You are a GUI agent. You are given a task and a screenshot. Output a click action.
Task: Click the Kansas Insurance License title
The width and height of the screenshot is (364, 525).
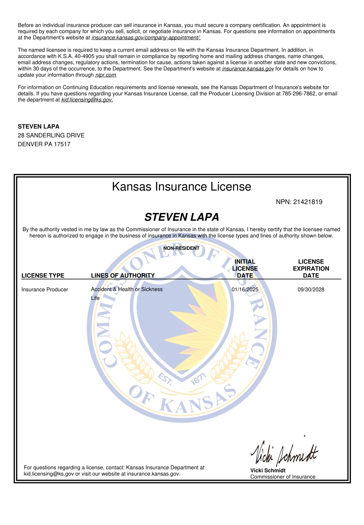pyautogui.click(x=181, y=187)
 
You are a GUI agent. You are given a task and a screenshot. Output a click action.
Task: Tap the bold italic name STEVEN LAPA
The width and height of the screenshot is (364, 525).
pyautogui.click(x=181, y=217)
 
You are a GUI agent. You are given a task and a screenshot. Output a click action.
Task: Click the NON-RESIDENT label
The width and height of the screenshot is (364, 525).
pyautogui.click(x=181, y=248)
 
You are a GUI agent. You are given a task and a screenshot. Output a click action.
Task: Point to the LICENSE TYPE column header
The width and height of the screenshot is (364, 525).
pyautogui.click(x=43, y=276)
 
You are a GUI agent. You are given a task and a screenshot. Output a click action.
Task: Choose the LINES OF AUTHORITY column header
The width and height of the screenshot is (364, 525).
pyautogui.click(x=123, y=276)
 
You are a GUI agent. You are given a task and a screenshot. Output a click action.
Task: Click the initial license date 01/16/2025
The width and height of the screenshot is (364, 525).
pyautogui.click(x=245, y=290)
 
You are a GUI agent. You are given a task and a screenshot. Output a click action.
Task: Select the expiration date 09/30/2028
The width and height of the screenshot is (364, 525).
pyautogui.click(x=311, y=290)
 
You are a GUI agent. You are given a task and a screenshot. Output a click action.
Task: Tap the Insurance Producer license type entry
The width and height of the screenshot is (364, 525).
pyautogui.click(x=45, y=290)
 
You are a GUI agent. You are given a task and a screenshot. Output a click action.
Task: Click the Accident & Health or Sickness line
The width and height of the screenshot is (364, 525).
pyautogui.click(x=127, y=289)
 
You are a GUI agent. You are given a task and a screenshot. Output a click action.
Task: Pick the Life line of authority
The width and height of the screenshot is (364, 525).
pyautogui.click(x=95, y=298)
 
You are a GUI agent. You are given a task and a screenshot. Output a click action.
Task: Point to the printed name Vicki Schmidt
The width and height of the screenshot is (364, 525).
pyautogui.click(x=268, y=470)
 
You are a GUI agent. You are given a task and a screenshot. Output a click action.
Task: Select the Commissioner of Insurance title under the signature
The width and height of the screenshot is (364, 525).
pyautogui.click(x=283, y=477)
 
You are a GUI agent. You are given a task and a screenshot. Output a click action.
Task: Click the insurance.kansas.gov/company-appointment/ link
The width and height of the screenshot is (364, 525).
pyautogui.click(x=146, y=38)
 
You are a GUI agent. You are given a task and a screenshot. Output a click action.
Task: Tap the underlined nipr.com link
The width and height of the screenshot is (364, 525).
pyautogui.click(x=106, y=75)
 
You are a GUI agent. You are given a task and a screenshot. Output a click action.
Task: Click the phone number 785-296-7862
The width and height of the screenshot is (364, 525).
pyautogui.click(x=299, y=94)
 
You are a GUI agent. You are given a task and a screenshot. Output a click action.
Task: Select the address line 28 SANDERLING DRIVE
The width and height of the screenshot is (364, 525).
pyautogui.click(x=51, y=135)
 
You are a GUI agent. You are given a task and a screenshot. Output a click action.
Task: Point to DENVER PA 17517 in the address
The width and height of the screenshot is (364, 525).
pyautogui.click(x=44, y=144)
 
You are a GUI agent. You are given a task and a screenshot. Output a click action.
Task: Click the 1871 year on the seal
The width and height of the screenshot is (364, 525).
pyautogui.click(x=198, y=379)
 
